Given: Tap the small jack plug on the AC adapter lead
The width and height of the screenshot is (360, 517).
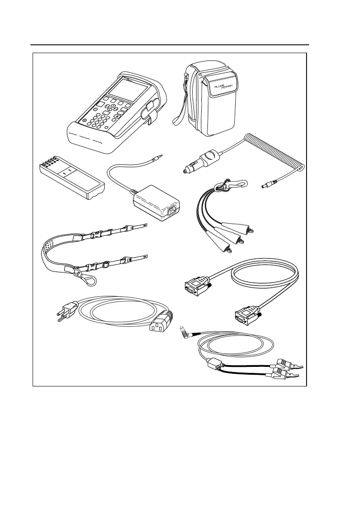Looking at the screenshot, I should (161, 155).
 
